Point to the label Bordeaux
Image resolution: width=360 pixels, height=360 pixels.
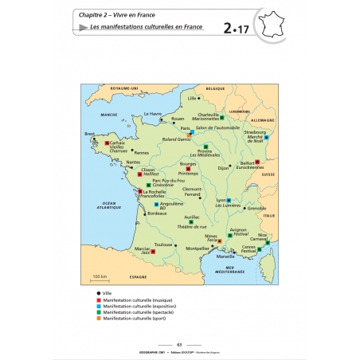157,213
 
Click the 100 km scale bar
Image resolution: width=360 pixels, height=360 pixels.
100,280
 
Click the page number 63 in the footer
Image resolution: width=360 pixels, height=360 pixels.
180,344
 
